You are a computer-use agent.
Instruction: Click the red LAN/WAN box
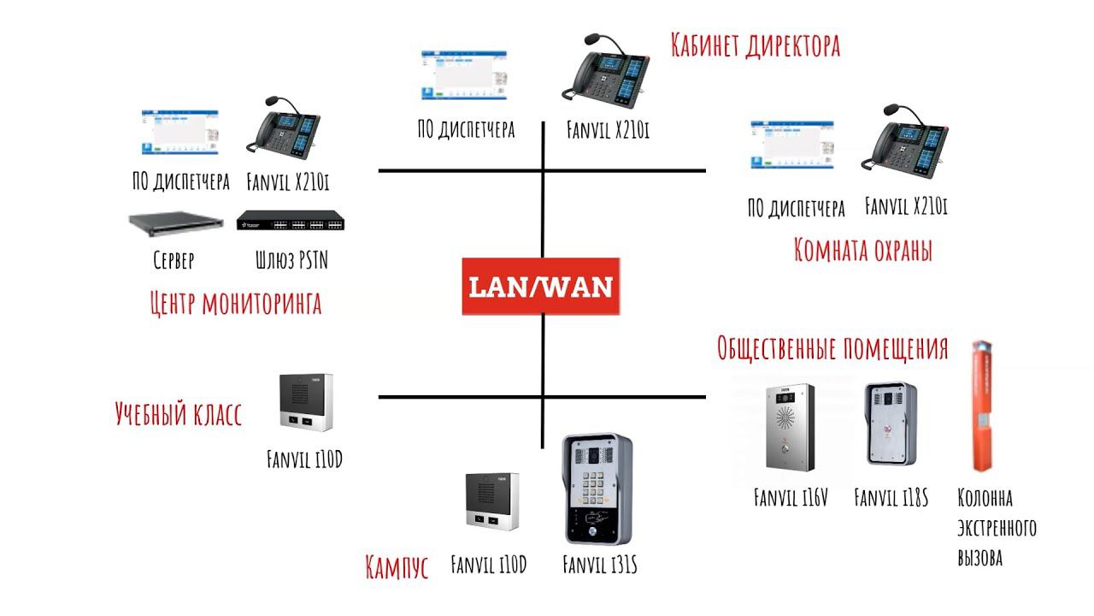[x=540, y=286]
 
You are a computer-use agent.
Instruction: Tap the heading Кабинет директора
[x=756, y=44]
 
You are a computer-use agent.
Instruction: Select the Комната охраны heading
[x=862, y=250]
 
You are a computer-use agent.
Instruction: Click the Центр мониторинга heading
[x=235, y=302]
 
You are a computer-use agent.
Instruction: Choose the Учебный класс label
[x=179, y=415]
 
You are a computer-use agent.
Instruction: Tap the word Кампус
[x=397, y=566]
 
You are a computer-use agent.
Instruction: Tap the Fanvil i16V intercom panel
[x=790, y=426]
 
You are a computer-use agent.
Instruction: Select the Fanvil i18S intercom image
[x=891, y=423]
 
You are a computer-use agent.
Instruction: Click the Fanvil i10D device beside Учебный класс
[x=305, y=403]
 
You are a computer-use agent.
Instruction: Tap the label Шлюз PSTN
[x=291, y=260]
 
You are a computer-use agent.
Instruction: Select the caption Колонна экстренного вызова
[x=997, y=528]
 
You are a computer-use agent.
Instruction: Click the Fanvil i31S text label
[x=600, y=566]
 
